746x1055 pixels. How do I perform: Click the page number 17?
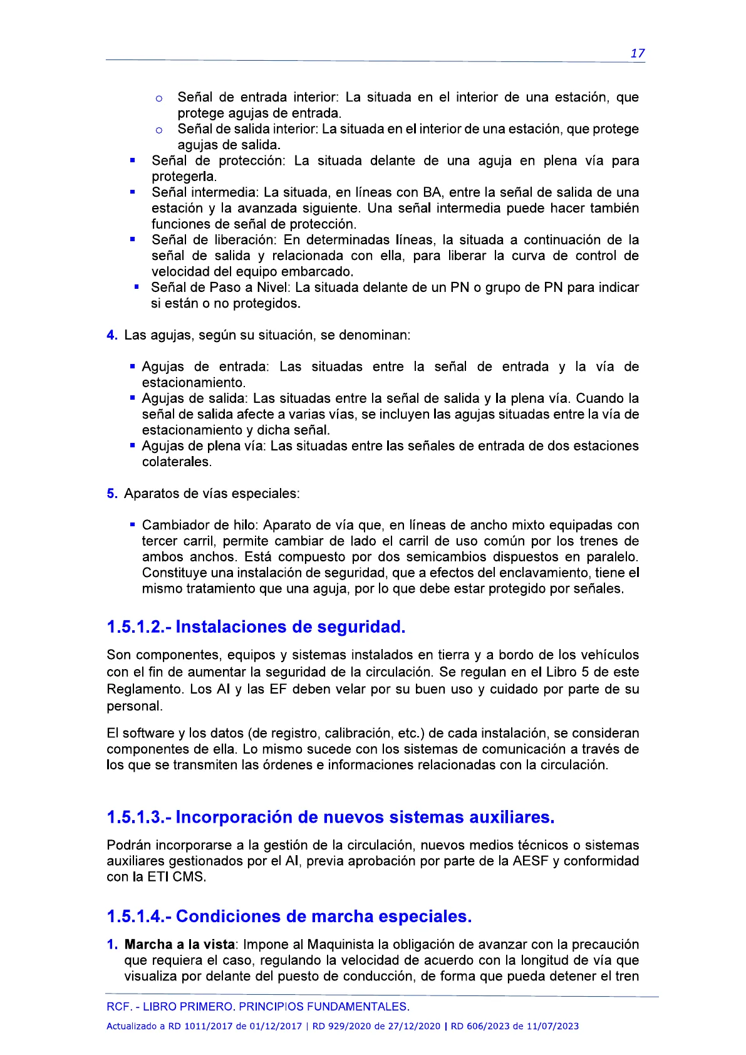[x=637, y=53]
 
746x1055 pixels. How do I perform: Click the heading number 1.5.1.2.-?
[x=138, y=626]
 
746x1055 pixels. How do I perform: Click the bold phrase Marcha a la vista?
[x=181, y=944]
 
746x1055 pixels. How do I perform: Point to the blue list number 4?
[x=111, y=335]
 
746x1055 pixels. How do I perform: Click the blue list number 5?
[x=111, y=494]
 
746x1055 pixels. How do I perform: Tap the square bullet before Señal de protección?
[x=133, y=160]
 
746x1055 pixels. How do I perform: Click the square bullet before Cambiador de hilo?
[x=133, y=524]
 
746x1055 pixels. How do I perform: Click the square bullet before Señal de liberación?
[x=133, y=239]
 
